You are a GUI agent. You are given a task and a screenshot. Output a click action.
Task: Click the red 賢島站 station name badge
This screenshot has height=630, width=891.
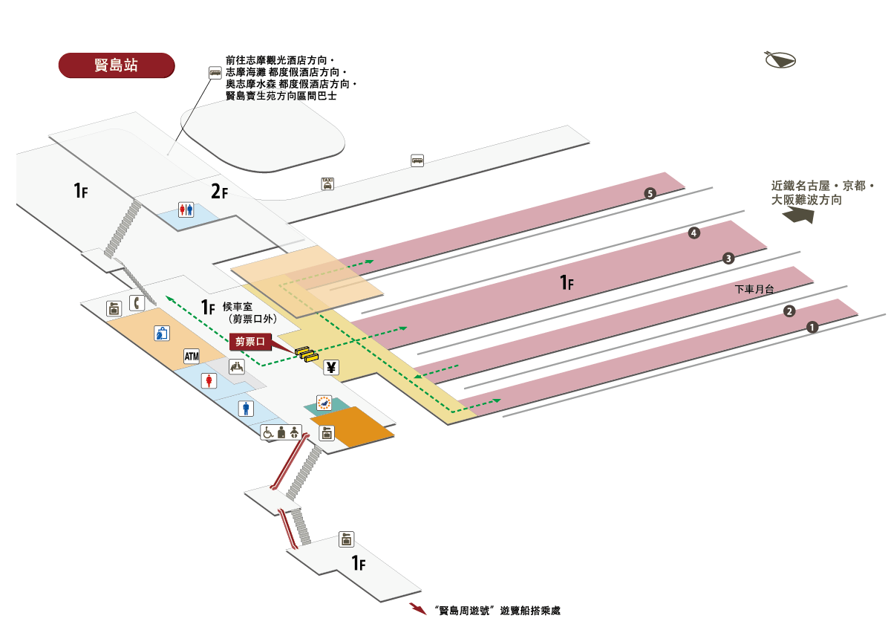pyautogui.click(x=116, y=65)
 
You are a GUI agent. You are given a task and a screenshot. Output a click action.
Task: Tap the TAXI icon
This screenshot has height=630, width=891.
pyautogui.click(x=327, y=184)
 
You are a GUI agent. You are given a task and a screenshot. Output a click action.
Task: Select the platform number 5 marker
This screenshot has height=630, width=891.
pyautogui.click(x=650, y=194)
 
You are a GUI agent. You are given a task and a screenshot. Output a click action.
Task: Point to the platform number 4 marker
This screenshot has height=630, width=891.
pyautogui.click(x=694, y=233)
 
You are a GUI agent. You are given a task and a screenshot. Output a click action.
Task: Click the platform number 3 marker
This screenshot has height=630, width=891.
pyautogui.click(x=728, y=259)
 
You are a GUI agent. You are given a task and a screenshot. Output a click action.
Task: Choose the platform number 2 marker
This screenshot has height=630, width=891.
pyautogui.click(x=790, y=311)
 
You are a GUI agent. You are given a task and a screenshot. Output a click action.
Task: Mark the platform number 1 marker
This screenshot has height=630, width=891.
pyautogui.click(x=812, y=326)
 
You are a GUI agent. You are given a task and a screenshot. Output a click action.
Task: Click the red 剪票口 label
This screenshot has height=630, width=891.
pyautogui.click(x=249, y=342)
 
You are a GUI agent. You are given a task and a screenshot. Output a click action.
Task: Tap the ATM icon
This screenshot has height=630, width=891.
pyautogui.click(x=192, y=357)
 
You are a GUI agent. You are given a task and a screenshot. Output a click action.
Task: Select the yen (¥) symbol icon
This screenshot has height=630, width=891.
pyautogui.click(x=331, y=366)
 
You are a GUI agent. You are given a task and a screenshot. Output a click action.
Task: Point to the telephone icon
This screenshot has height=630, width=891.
pyautogui.click(x=137, y=302)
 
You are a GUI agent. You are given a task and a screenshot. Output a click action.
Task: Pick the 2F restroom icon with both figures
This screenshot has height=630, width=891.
pyautogui.click(x=186, y=210)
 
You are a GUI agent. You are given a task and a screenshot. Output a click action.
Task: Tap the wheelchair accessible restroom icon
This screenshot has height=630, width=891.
pyautogui.click(x=268, y=432)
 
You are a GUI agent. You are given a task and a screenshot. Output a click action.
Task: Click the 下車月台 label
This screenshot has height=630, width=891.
pyautogui.click(x=754, y=289)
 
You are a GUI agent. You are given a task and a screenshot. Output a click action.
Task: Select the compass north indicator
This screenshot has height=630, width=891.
pyautogui.click(x=779, y=60)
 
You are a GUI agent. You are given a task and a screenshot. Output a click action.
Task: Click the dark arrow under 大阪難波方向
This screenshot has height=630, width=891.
pyautogui.click(x=799, y=215)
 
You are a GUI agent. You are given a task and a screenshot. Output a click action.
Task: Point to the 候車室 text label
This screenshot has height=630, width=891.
pyautogui.click(x=238, y=305)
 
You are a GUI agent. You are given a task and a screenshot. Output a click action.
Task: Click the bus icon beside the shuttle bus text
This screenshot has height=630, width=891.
pyautogui.click(x=215, y=72)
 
